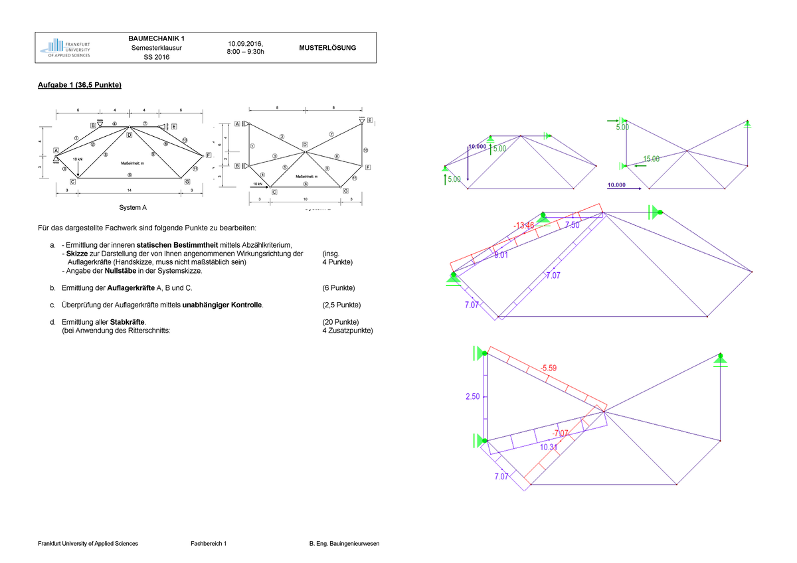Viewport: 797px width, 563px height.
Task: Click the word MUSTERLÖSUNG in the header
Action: (327, 48)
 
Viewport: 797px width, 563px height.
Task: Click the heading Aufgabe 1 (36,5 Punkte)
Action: (79, 86)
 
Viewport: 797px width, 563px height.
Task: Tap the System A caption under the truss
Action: (133, 208)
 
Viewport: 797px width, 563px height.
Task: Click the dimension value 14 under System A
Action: (130, 190)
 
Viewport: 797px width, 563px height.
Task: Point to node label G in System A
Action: (187, 181)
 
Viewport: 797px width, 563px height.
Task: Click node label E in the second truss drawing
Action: (369, 120)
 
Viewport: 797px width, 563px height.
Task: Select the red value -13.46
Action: (523, 226)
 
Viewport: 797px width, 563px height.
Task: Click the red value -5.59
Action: (549, 368)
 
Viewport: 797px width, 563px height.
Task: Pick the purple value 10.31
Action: (549, 447)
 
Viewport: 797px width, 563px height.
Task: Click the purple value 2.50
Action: (472, 396)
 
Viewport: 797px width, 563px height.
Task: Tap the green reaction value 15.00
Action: (652, 159)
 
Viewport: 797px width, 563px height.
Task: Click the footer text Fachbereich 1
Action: (209, 544)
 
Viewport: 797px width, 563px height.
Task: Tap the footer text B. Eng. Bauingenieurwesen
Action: (344, 544)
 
